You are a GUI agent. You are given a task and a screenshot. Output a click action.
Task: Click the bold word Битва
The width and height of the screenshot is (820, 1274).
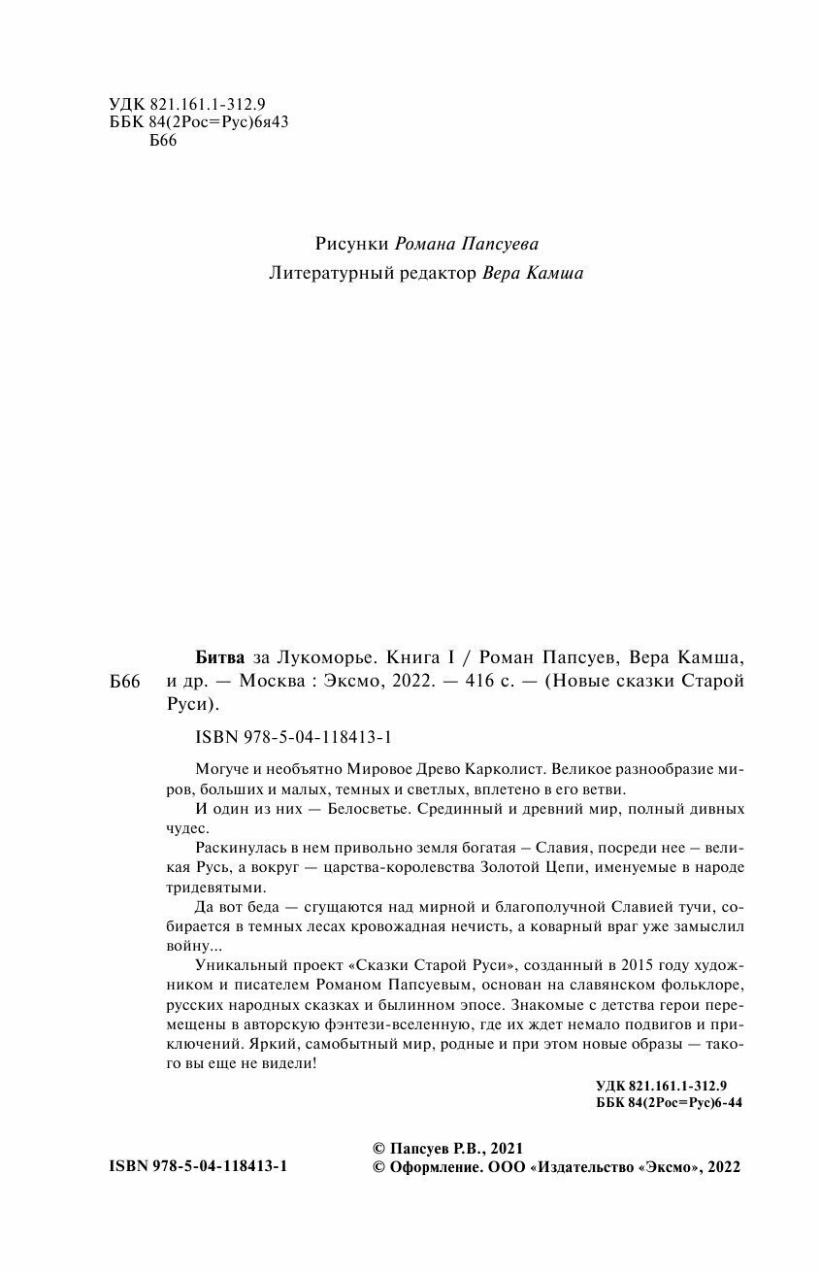click(x=210, y=655)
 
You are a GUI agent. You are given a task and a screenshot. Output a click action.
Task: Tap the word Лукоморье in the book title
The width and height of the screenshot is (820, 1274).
click(x=316, y=655)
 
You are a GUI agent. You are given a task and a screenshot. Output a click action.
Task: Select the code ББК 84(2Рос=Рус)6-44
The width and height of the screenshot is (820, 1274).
click(x=667, y=1104)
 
